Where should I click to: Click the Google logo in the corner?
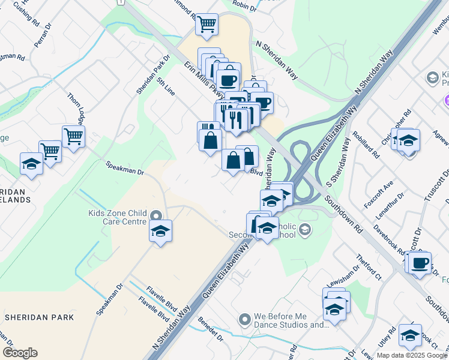coord(20,353)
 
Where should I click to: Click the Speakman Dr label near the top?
coord(125,167)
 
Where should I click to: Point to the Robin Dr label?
coord(244,7)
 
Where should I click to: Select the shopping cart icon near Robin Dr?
coord(206,25)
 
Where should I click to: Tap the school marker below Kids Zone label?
coord(161,230)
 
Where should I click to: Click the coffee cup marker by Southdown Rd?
coord(421,262)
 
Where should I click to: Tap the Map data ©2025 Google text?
coord(412,355)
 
